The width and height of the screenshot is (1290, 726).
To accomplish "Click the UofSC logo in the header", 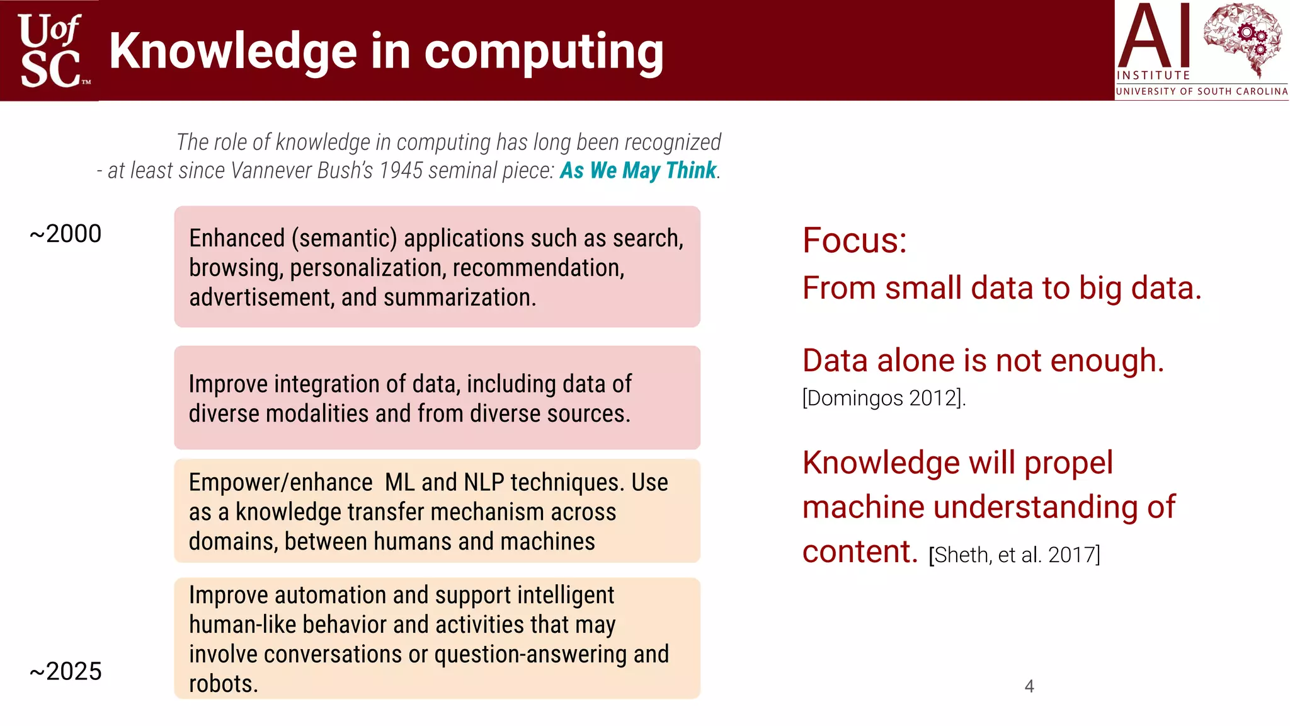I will [50, 50].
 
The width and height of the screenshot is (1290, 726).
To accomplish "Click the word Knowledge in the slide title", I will [233, 52].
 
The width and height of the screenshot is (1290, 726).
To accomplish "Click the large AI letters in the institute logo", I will [1154, 37].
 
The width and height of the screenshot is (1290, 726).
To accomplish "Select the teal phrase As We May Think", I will [638, 171].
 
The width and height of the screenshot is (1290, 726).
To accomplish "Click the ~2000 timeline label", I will [66, 234].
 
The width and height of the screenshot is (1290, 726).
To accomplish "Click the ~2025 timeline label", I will [66, 672].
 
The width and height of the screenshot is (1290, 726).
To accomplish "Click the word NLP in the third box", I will [484, 483].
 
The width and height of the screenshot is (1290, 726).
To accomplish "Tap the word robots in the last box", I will [223, 684].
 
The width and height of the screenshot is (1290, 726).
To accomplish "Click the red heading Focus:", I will [854, 241].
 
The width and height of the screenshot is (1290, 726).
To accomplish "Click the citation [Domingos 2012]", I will [883, 398].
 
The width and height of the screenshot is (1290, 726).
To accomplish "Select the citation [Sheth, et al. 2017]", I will [1014, 555].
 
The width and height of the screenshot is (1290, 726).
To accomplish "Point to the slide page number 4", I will [1029, 686].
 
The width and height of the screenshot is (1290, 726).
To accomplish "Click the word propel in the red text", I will [1068, 463].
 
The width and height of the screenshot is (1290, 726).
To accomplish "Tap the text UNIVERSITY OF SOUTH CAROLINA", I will [1201, 91].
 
